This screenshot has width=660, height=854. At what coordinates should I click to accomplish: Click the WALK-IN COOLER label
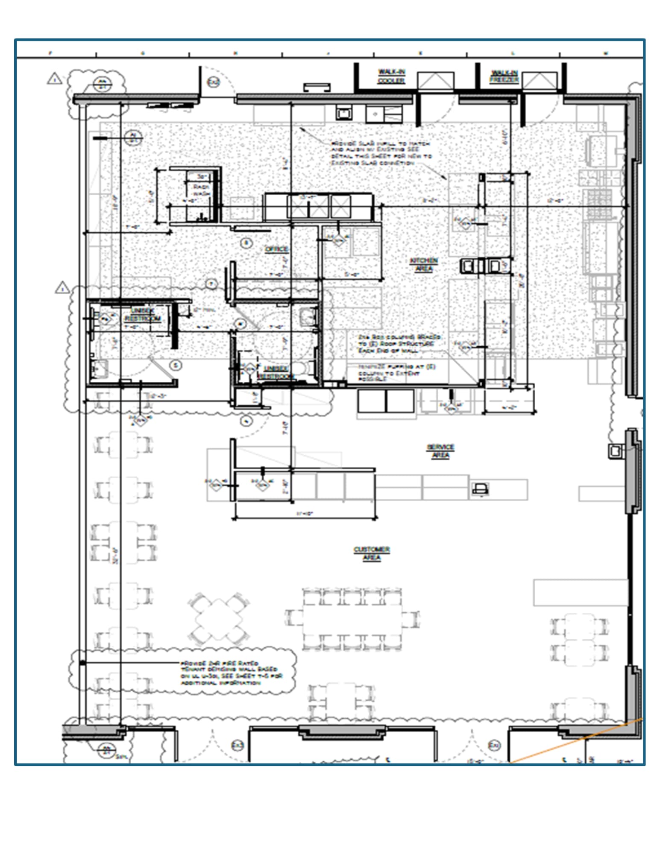pos(391,76)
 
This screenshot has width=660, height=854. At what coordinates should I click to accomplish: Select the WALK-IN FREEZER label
pos(504,76)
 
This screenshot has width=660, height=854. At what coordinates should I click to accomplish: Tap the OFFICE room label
pos(276,249)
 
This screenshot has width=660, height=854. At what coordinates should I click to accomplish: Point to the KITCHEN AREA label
pos(424,265)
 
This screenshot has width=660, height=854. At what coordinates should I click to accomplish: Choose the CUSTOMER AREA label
pos(372,553)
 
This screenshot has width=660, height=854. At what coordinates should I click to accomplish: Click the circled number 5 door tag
pos(175,365)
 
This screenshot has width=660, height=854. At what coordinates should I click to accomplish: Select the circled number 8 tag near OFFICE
pos(246,243)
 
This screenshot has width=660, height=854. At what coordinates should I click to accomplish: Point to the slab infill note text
pos(380,154)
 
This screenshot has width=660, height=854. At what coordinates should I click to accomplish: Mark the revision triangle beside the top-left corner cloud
pos(54,79)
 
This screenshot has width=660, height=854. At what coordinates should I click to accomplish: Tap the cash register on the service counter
pos(480,488)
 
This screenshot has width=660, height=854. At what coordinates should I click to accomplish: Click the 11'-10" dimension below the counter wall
pos(304,514)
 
